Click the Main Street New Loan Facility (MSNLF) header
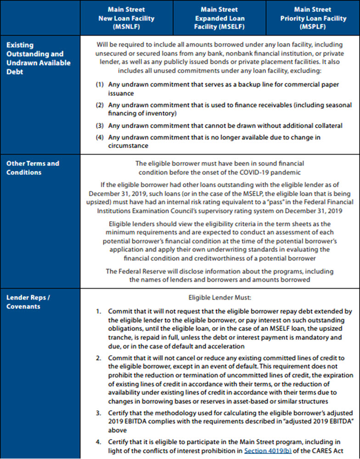(x=126, y=18)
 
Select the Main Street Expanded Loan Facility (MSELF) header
(x=219, y=18)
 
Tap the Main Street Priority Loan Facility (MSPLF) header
(x=312, y=18)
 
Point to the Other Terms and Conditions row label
(x=33, y=168)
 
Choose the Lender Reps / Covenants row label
(x=28, y=302)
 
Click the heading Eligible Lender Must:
(x=219, y=297)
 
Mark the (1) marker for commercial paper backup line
(x=100, y=85)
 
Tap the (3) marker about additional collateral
(x=100, y=125)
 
